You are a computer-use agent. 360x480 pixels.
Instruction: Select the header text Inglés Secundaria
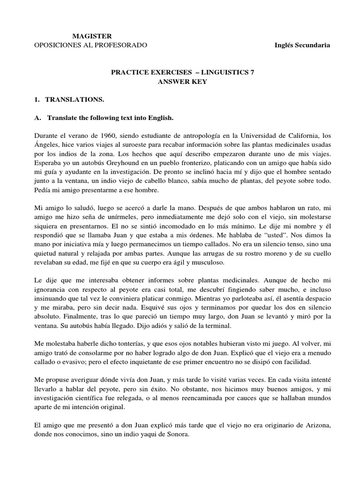point(302,45)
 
